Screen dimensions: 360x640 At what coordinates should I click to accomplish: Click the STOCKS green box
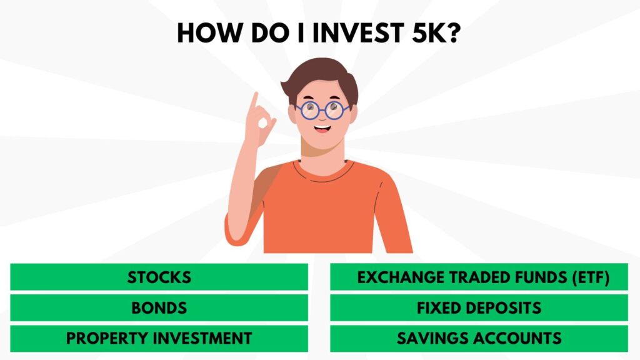[x=159, y=277]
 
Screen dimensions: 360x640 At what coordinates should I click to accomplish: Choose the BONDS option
[x=159, y=307]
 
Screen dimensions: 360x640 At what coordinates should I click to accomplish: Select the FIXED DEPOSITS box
[x=479, y=307]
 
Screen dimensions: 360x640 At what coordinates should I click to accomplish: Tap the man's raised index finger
[x=254, y=101]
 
